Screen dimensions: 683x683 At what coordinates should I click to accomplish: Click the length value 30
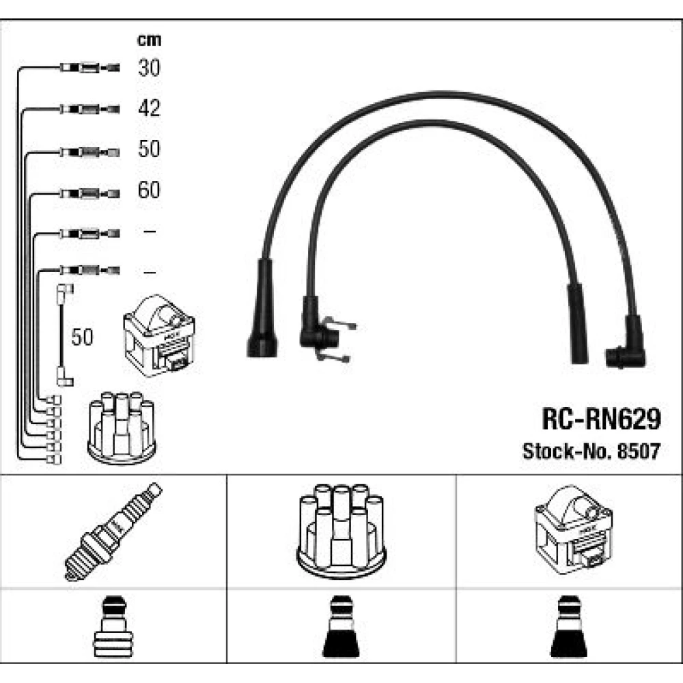click(149, 68)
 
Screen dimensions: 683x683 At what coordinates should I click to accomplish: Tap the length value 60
click(149, 189)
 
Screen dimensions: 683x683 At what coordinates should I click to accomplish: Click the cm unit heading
click(149, 40)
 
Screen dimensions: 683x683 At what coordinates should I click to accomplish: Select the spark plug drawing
click(113, 531)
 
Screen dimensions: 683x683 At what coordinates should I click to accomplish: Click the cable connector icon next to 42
click(89, 108)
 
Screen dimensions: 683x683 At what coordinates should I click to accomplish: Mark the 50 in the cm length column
click(149, 149)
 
